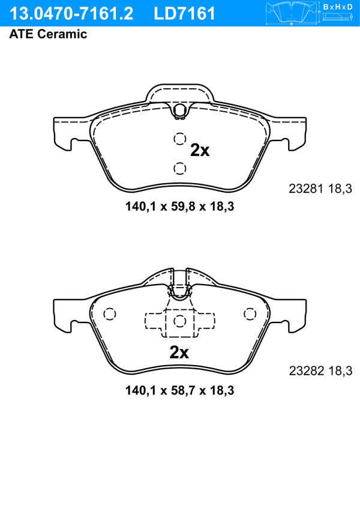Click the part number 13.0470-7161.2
71,14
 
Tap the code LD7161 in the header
184,14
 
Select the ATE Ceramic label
48,34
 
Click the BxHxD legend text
338,7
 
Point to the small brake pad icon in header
291,12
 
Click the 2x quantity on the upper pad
200,150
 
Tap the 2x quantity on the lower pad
179,352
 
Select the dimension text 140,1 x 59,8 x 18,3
180,207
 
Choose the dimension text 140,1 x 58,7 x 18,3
180,391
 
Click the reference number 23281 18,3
320,189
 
